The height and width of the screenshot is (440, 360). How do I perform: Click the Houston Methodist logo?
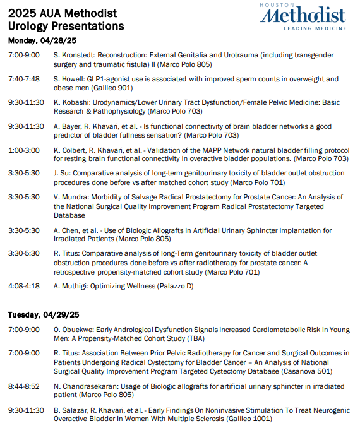click(303, 16)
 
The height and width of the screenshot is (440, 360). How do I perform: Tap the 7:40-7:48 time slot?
click(23, 79)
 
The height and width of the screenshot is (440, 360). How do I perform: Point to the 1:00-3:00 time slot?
click(23, 150)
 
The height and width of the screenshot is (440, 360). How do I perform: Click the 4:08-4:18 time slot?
click(23, 286)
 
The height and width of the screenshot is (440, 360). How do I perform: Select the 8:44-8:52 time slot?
click(23, 386)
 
